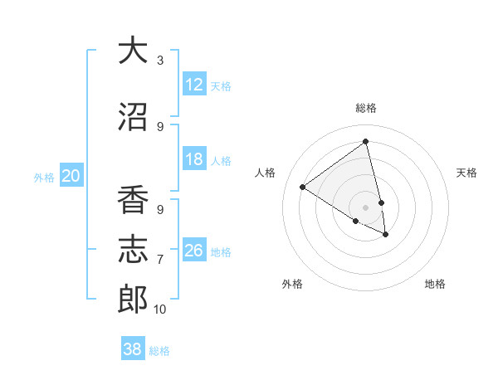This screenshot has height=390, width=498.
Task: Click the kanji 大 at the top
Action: point(133,51)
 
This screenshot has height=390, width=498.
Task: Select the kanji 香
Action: point(133,202)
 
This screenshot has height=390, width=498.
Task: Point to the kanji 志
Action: point(133,250)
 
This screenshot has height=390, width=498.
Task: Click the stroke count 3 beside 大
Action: point(160,61)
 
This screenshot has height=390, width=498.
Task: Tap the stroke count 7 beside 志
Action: point(160,260)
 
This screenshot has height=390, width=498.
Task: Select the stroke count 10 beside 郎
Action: point(160,310)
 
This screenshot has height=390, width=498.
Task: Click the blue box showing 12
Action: point(194,85)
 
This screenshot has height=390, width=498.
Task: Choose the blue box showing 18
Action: point(194,159)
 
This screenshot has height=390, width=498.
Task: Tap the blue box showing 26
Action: point(194,251)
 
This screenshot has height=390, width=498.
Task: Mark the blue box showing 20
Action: point(71,175)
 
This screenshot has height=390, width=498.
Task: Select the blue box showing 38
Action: point(133,349)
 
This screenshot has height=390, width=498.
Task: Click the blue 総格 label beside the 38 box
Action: point(159,351)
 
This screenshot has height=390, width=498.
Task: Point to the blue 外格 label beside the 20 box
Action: point(43,177)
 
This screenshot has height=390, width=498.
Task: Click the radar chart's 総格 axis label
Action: point(366,108)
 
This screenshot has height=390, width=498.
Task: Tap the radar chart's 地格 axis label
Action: point(435,284)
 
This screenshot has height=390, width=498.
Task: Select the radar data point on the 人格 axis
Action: point(302,187)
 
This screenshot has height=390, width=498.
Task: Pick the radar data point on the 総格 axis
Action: point(366,141)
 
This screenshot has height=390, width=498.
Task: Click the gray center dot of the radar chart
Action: point(366,207)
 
